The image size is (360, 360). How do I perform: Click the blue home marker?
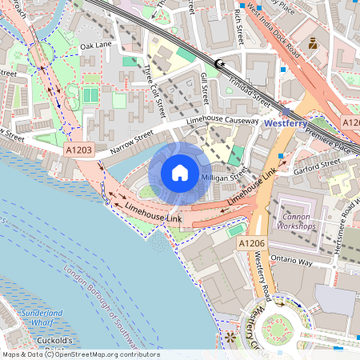[x=180, y=173]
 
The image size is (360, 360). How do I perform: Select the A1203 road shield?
[x=79, y=150]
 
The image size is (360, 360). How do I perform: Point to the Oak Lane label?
[x=96, y=46]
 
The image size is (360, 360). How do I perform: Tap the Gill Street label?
[x=206, y=86]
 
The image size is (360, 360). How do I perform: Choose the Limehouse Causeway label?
[x=222, y=120]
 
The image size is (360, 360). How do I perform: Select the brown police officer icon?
[x=313, y=45]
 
